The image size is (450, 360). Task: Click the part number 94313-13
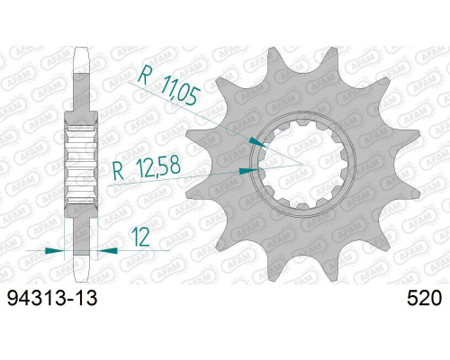52,298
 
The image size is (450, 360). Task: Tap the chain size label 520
424,298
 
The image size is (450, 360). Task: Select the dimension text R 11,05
169,85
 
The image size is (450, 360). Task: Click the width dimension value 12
140,238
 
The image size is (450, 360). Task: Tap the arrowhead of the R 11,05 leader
258,142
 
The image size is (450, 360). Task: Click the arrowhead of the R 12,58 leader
248,171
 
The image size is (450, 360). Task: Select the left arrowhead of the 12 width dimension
54,250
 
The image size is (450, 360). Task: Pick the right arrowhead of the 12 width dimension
108,250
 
